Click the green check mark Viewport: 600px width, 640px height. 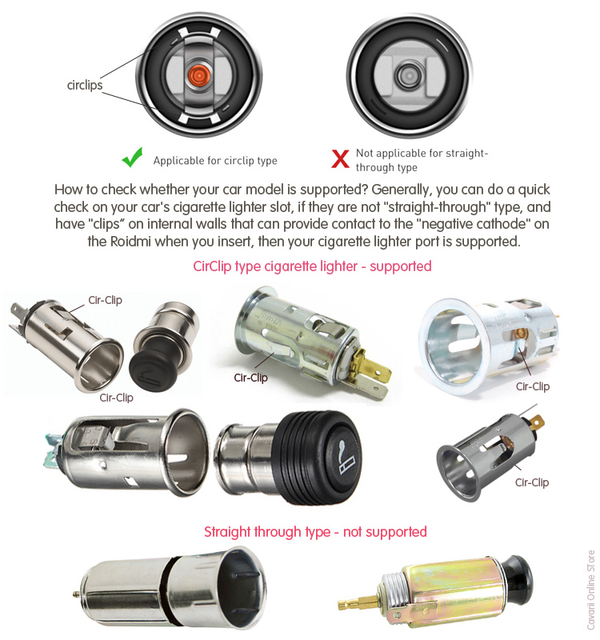pyautogui.click(x=132, y=157)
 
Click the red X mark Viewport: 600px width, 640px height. pyautogui.click(x=340, y=158)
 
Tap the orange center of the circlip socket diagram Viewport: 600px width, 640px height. pyautogui.click(x=198, y=75)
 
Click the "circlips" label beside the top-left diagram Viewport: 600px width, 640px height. pyautogui.click(x=85, y=85)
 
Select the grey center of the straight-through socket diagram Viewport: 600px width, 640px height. pyautogui.click(x=406, y=75)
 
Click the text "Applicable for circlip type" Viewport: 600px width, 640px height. pyautogui.click(x=215, y=161)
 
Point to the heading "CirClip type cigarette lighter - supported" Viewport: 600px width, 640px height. pyautogui.click(x=312, y=266)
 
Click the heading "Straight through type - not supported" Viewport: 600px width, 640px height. pyautogui.click(x=315, y=532)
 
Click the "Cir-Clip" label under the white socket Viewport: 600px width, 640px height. pyautogui.click(x=533, y=386)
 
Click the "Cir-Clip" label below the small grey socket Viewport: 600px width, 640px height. pyautogui.click(x=532, y=482)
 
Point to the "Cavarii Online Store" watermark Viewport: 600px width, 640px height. pyautogui.click(x=591, y=590)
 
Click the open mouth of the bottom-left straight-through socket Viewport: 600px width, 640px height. pyautogui.click(x=242, y=588)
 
